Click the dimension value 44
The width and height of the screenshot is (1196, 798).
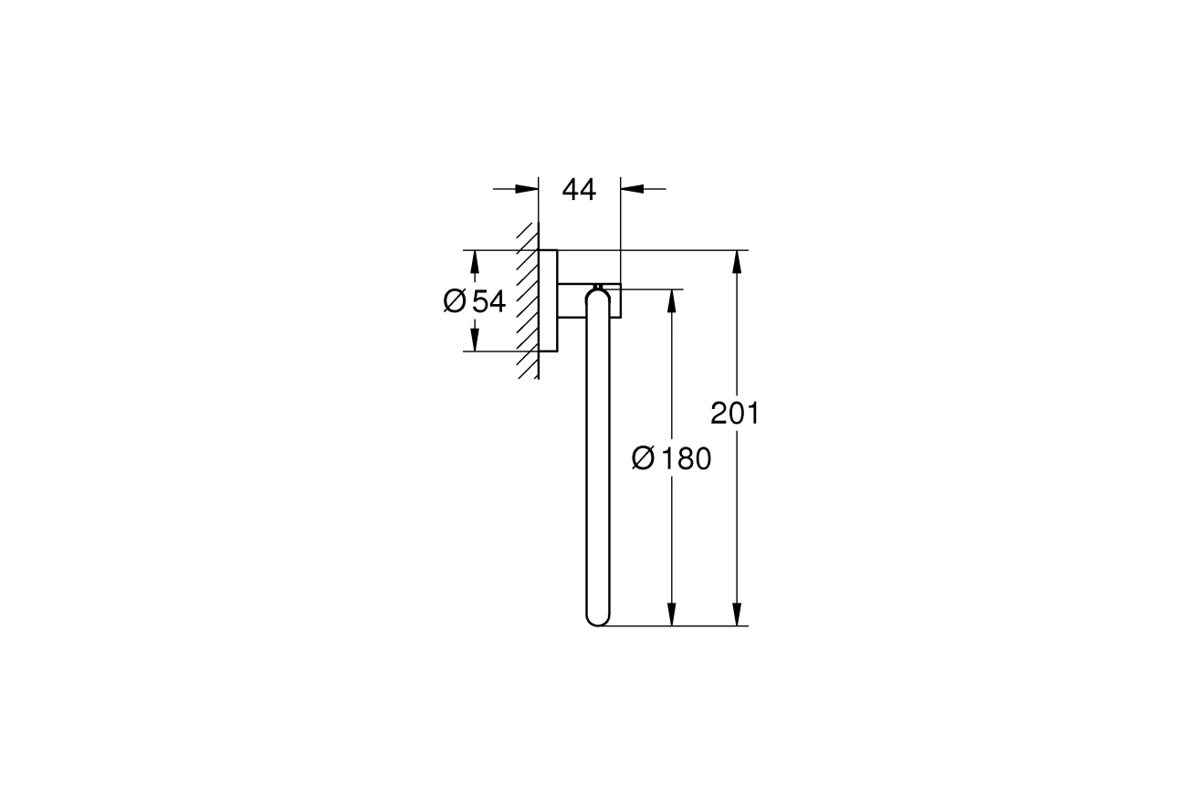coord(579,190)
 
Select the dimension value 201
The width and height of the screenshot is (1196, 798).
coord(735,414)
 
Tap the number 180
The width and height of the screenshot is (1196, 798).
coord(686,459)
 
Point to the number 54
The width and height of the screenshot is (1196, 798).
coord(488,300)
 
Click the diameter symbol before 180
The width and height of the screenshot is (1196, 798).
coord(643,459)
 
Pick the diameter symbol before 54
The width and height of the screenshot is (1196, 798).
coord(455,300)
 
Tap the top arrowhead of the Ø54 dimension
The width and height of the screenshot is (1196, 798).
coord(474,261)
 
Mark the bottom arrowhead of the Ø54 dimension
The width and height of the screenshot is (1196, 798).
coord(474,341)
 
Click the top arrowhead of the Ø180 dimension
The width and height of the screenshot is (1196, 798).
coord(672,301)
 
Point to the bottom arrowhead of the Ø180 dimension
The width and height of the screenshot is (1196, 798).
coord(672,614)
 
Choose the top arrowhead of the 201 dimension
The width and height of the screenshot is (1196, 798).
coord(737,261)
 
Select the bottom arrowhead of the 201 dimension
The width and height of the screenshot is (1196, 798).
coord(737,614)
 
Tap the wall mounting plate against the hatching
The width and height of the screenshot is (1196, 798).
coord(548,300)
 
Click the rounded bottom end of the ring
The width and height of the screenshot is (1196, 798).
coord(597,619)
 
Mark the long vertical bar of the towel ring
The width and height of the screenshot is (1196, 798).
coord(597,457)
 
